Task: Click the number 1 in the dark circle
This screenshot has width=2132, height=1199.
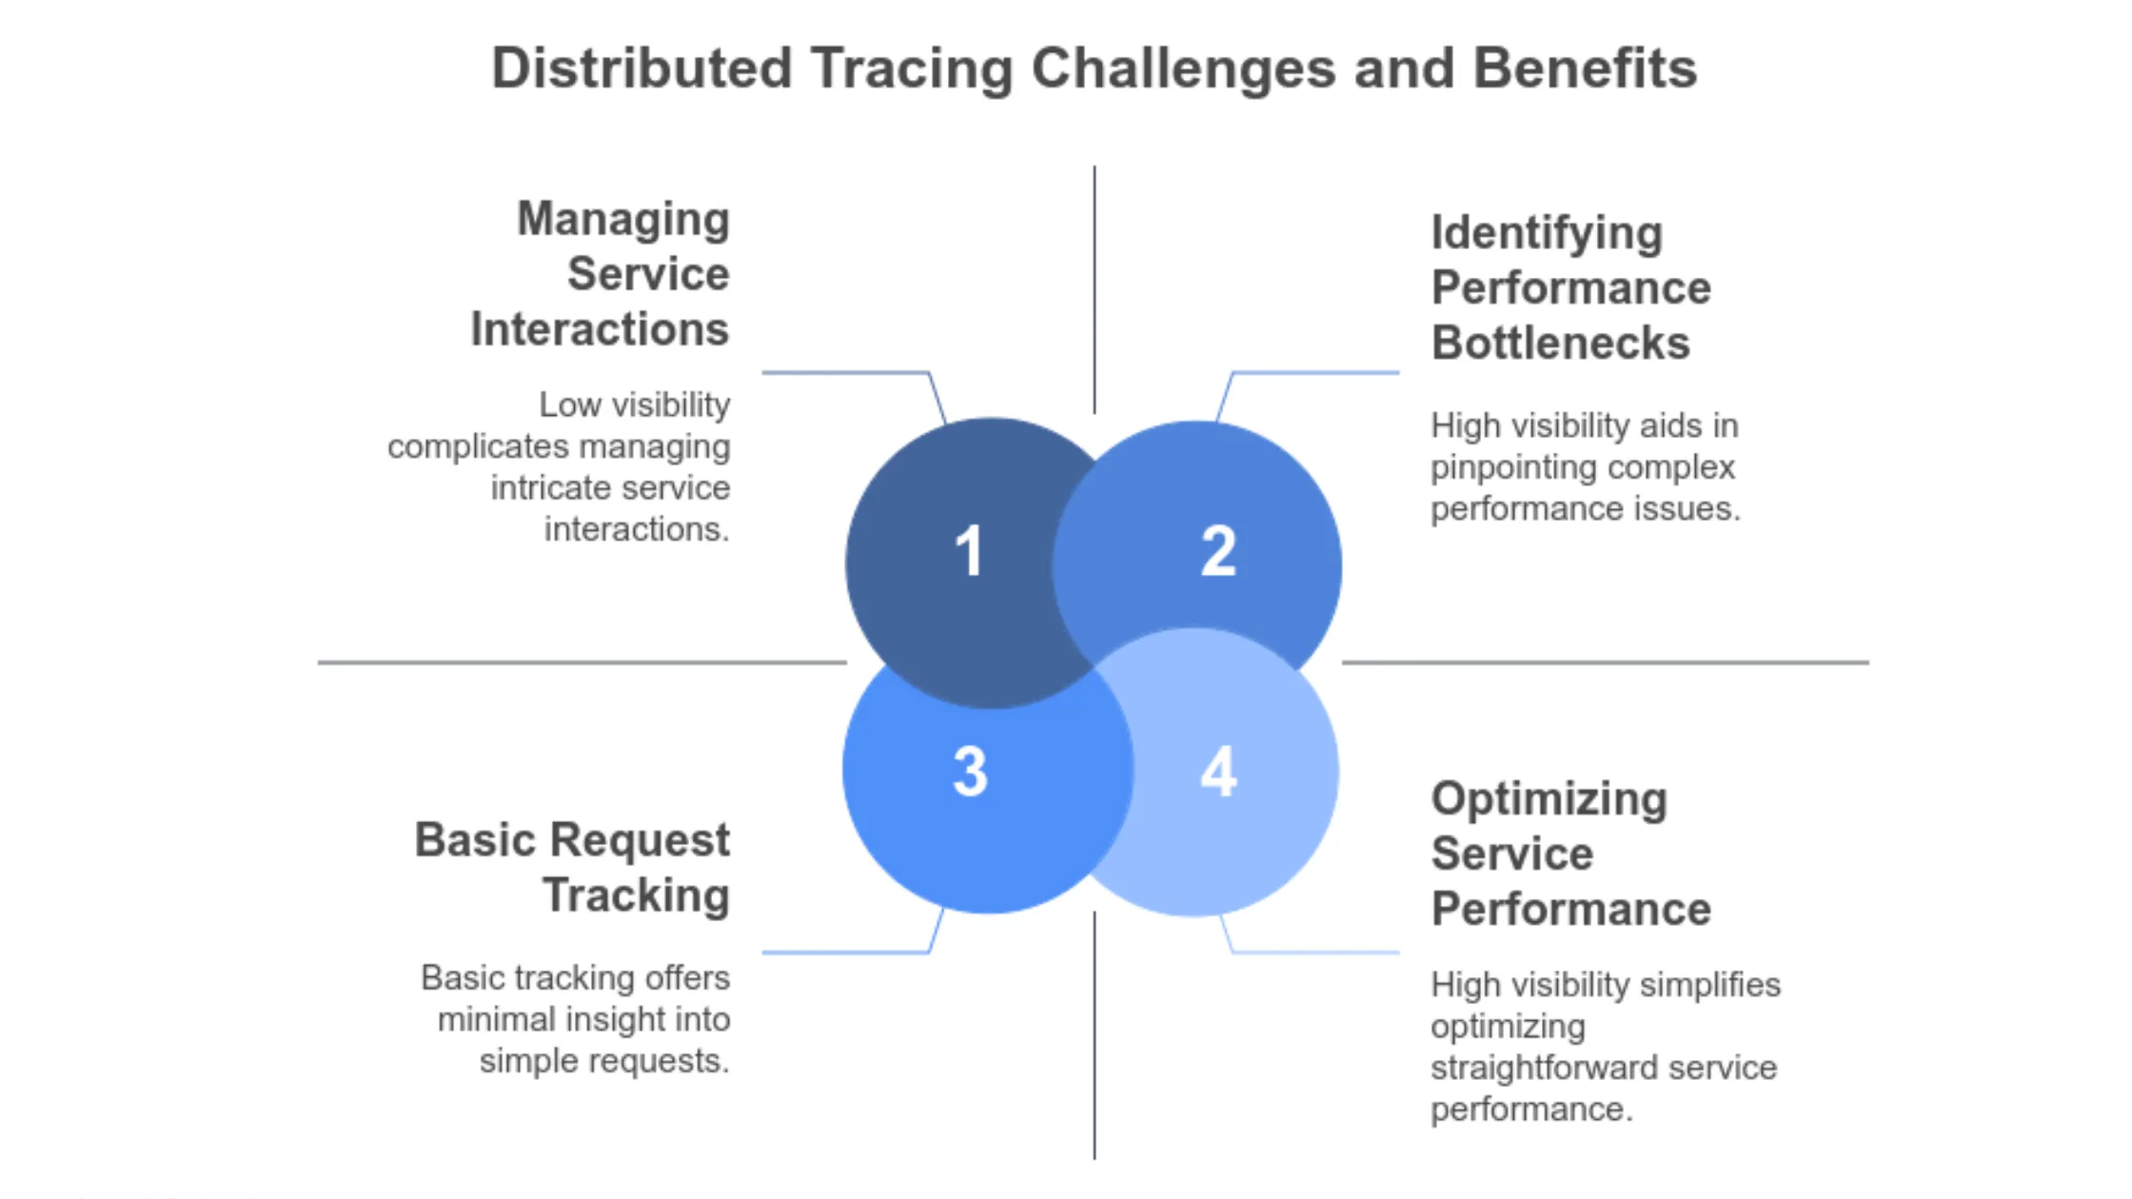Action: (x=969, y=551)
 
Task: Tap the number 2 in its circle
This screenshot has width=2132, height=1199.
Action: (x=1218, y=551)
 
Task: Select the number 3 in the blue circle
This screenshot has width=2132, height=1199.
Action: (x=970, y=771)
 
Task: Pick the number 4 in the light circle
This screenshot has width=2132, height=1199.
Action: (x=1218, y=771)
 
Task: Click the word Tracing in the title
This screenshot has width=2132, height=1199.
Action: (x=912, y=69)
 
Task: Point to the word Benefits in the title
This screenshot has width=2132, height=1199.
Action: (x=1585, y=69)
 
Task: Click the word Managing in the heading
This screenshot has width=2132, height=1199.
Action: (x=623, y=220)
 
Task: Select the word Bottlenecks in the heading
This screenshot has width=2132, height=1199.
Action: (x=1560, y=343)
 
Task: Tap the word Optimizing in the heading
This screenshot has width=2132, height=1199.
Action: (x=1549, y=799)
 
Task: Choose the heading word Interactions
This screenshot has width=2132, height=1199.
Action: (x=600, y=329)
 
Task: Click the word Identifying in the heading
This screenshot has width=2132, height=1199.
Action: (x=1547, y=233)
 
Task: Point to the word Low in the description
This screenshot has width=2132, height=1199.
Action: (x=570, y=404)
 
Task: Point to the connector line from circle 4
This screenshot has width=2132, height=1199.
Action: (x=1313, y=952)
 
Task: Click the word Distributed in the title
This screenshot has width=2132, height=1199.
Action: (x=642, y=69)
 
